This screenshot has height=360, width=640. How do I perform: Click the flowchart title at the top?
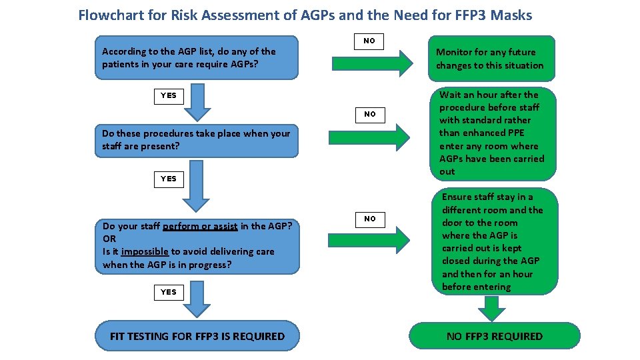[305, 15]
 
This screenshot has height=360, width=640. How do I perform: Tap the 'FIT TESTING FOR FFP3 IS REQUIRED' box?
[197, 336]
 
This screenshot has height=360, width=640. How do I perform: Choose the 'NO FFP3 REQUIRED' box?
[494, 336]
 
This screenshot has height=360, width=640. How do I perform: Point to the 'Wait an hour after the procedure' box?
[492, 133]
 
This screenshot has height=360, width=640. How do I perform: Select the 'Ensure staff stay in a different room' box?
[492, 241]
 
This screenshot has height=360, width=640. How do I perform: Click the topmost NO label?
[369, 41]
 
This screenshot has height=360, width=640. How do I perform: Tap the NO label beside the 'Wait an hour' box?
[369, 114]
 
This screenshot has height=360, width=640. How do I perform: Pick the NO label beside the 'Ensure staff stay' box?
[369, 219]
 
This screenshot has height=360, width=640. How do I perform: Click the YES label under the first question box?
[169, 95]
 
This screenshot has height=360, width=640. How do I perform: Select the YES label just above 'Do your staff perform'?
[169, 179]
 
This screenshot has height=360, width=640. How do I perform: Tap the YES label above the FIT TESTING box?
[169, 292]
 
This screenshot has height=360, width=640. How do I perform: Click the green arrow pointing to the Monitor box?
[373, 64]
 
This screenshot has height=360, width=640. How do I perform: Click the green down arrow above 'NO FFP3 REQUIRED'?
[492, 308]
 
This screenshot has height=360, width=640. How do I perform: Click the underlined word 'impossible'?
[145, 251]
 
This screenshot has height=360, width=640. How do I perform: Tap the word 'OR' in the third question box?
[109, 239]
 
